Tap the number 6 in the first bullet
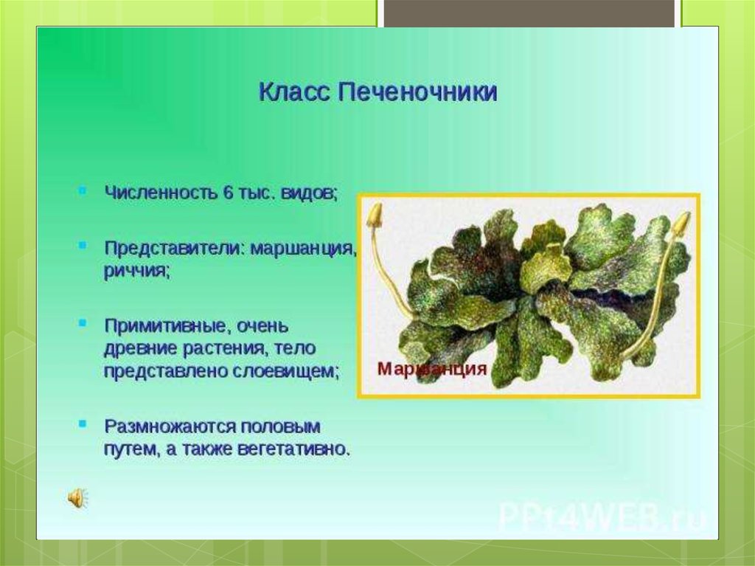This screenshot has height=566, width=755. click(x=228, y=193)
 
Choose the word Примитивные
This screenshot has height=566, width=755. click(x=163, y=326)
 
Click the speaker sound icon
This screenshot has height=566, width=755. click(x=78, y=497)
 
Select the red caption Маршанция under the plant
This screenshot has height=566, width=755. click(x=432, y=369)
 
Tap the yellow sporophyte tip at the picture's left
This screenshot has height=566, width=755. click(x=375, y=215)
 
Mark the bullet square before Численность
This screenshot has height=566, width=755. click(x=83, y=190)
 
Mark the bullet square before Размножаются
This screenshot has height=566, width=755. click(x=83, y=424)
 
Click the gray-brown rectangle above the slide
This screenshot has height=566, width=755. click(x=529, y=13)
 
